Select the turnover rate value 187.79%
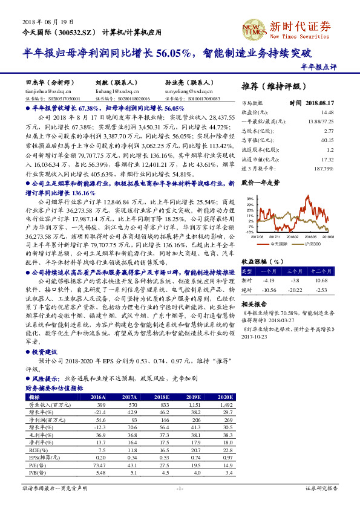coord(324,167)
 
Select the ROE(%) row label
coord(37,450)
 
